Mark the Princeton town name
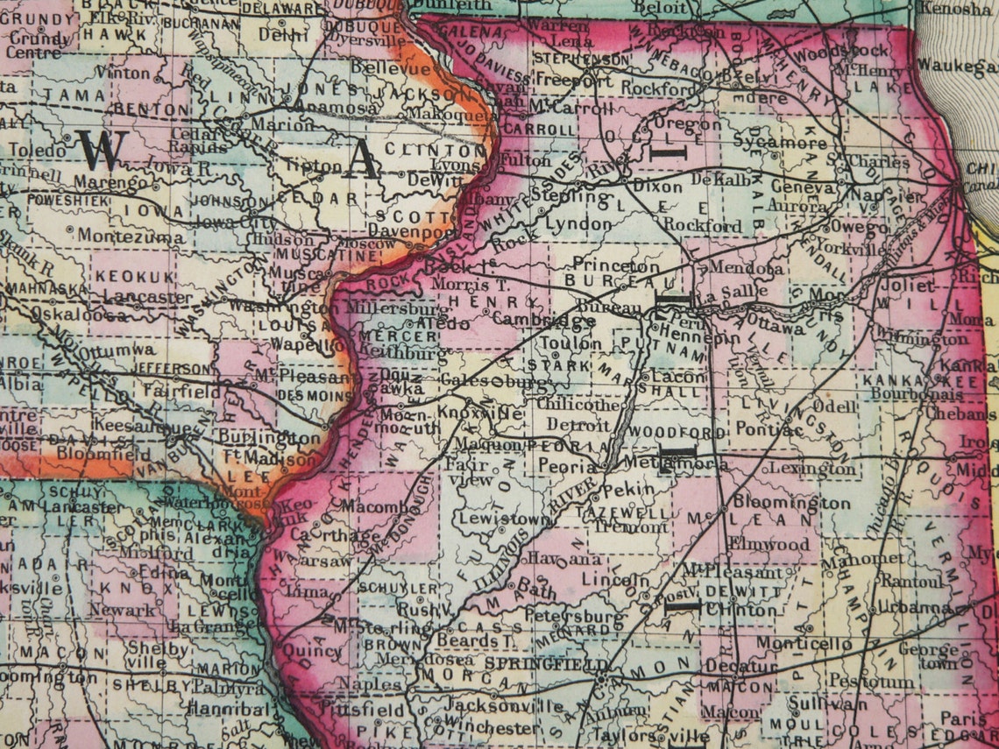coord(615,265)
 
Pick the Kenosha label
coord(953,9)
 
